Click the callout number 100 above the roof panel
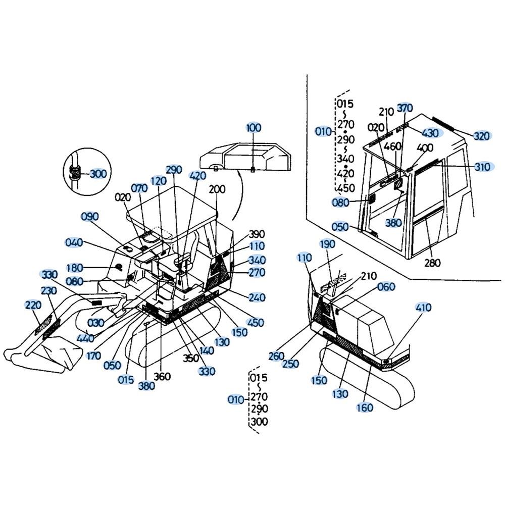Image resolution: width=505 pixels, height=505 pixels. pos(254,128)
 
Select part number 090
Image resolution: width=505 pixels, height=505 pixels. pos(89,217)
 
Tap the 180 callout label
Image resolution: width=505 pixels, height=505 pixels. pos(74,268)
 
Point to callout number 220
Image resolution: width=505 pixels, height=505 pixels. pos(33,305)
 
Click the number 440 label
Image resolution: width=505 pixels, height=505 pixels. pos(85,338)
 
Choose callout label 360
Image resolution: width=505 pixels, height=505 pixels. pos(162,376)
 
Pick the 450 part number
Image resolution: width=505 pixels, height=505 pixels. pos(255,322)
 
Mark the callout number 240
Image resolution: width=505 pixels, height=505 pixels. pos(257,297)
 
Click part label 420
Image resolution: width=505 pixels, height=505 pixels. pos(198,176)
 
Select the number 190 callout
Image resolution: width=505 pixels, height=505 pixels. pos(327,244)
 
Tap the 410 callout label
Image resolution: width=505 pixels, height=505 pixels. pos(423,308)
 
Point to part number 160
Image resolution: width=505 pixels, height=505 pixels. pos(365,408)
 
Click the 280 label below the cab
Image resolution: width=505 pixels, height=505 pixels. pos(432,263)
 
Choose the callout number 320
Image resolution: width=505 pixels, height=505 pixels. pos(481,136)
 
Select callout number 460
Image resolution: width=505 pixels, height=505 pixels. pos(392,146)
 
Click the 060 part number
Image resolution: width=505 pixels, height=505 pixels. pos(386,287)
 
